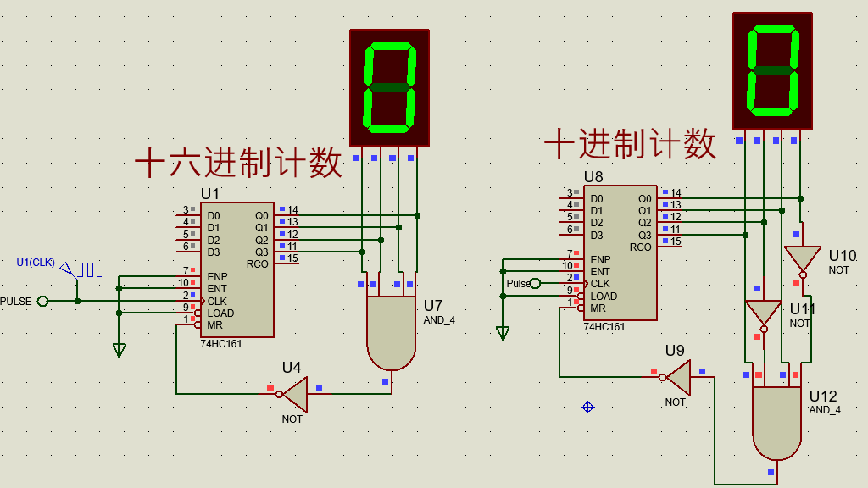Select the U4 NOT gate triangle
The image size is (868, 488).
coord(294,394)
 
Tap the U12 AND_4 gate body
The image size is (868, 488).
coord(776,422)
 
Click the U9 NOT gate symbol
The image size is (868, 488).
coord(678,377)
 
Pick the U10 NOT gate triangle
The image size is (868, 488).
coord(801,258)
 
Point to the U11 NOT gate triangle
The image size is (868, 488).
coord(762,313)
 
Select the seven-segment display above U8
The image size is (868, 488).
coord(772,70)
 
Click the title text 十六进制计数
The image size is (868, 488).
coord(239,163)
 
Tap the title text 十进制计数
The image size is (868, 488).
coord(630,144)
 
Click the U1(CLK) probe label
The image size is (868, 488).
coord(36,263)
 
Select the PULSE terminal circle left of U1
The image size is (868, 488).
coord(43,301)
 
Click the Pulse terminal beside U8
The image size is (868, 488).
coord(534,283)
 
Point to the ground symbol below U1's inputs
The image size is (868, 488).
coord(119,349)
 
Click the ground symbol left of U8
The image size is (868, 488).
coord(503,333)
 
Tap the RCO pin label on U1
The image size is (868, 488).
coord(257,264)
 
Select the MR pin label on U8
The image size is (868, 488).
coord(598,308)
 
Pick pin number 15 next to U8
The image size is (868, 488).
coord(676,241)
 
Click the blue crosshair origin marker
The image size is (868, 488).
coord(587,408)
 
